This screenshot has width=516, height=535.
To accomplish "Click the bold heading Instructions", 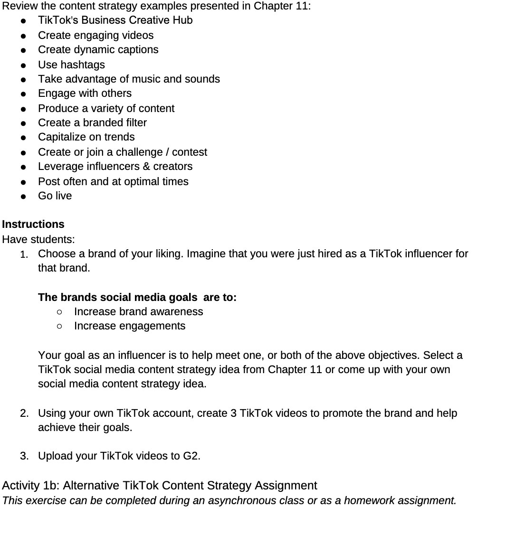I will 33,224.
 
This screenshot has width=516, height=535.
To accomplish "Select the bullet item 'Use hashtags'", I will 71,65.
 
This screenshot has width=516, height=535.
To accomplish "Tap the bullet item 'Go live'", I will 55,196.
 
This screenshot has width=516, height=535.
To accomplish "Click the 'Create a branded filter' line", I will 92,122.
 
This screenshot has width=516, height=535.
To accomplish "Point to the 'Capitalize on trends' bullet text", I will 86,137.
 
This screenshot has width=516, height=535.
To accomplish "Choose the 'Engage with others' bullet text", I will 85,93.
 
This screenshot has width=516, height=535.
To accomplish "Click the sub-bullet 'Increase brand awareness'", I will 138,311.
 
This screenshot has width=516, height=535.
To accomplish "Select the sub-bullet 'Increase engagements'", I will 130,326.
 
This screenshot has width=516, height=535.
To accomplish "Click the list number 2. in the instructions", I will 24,413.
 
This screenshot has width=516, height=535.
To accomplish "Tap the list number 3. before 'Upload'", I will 24,456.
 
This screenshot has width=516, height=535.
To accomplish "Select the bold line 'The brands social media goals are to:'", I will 137,297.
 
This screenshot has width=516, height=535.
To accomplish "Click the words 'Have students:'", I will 38,239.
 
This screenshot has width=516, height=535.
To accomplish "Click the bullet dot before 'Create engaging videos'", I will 23,36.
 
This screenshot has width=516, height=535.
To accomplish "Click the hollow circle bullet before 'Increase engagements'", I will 59,326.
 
